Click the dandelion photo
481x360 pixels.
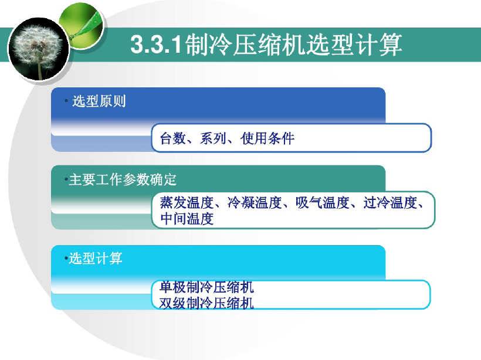click(x=38, y=49)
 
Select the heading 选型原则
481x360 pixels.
click(x=99, y=101)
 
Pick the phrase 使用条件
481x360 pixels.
click(x=267, y=138)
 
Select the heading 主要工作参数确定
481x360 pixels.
click(x=123, y=179)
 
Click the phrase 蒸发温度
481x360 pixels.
click(x=187, y=203)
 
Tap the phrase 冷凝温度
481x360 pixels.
click(x=255, y=203)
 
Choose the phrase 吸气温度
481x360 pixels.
click(x=323, y=203)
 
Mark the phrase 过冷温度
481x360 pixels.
click(x=390, y=203)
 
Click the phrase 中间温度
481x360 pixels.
click(x=187, y=219)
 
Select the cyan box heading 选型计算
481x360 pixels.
click(x=96, y=258)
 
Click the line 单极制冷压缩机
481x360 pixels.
click(x=206, y=287)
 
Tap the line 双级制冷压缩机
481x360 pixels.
click(x=206, y=303)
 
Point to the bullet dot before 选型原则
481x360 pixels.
click(x=66, y=101)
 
